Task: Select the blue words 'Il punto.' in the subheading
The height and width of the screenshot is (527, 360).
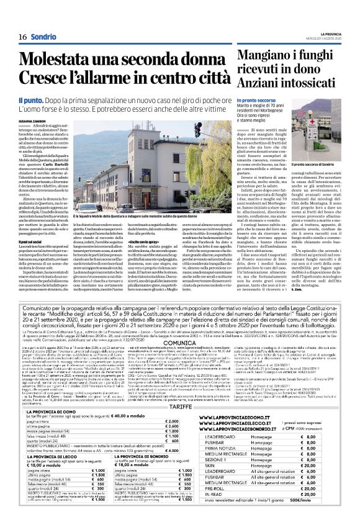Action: pyautogui.click(x=31, y=99)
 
